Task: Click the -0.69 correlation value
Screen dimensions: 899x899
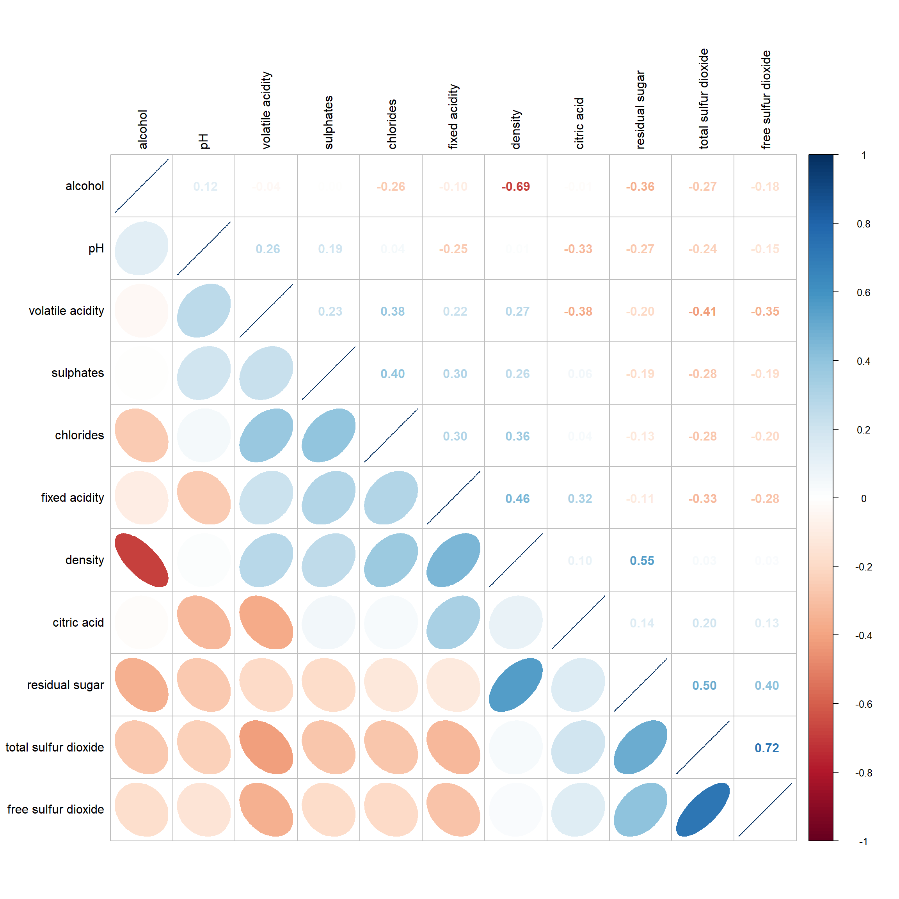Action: [515, 187]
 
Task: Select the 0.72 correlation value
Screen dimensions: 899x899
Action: [766, 748]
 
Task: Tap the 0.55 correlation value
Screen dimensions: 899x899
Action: [642, 561]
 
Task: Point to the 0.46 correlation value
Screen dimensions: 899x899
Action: [517, 498]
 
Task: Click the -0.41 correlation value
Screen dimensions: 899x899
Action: [702, 311]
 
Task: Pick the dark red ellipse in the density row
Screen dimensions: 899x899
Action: [142, 560]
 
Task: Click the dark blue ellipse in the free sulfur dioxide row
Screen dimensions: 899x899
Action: [703, 809]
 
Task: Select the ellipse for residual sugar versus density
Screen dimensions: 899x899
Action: [515, 684]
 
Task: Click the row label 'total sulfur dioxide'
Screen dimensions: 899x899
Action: [55, 747]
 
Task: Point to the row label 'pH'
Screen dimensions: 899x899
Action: [96, 249]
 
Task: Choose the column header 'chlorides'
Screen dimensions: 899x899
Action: [392, 124]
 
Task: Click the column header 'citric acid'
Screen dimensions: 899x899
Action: [579, 123]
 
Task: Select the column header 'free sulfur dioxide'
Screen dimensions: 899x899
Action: [766, 99]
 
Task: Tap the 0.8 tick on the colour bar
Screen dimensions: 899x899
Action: [863, 224]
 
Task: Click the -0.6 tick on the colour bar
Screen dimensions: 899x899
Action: [863, 704]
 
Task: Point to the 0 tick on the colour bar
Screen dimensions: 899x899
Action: [863, 498]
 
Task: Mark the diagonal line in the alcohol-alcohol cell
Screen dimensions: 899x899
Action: [142, 186]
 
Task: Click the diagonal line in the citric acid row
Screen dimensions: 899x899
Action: [578, 622]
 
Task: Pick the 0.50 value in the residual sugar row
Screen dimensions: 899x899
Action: [704, 686]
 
